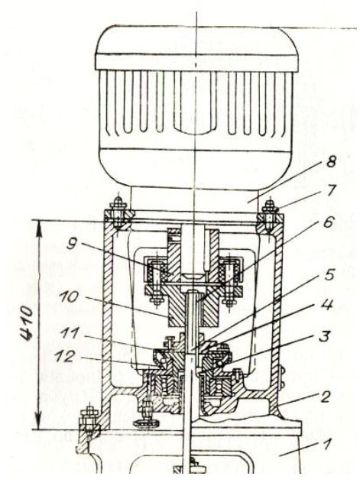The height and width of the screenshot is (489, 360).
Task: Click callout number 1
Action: point(326,444)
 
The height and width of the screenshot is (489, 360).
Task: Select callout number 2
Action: point(325,397)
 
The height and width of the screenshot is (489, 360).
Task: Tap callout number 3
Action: point(323,336)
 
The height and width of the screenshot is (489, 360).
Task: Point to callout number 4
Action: point(326,304)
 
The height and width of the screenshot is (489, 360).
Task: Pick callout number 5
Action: point(329,274)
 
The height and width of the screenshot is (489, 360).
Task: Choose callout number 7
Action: point(330,190)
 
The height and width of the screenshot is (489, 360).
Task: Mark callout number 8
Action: point(330,162)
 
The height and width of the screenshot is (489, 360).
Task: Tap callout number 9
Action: point(72,244)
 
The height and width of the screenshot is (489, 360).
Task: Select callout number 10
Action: point(69,297)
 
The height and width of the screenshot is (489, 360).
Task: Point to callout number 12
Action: point(65,357)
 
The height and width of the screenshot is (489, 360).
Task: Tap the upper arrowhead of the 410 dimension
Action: point(39,230)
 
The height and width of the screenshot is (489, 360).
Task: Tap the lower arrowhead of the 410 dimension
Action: point(39,420)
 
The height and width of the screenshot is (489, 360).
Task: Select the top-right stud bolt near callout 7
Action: point(270,215)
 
